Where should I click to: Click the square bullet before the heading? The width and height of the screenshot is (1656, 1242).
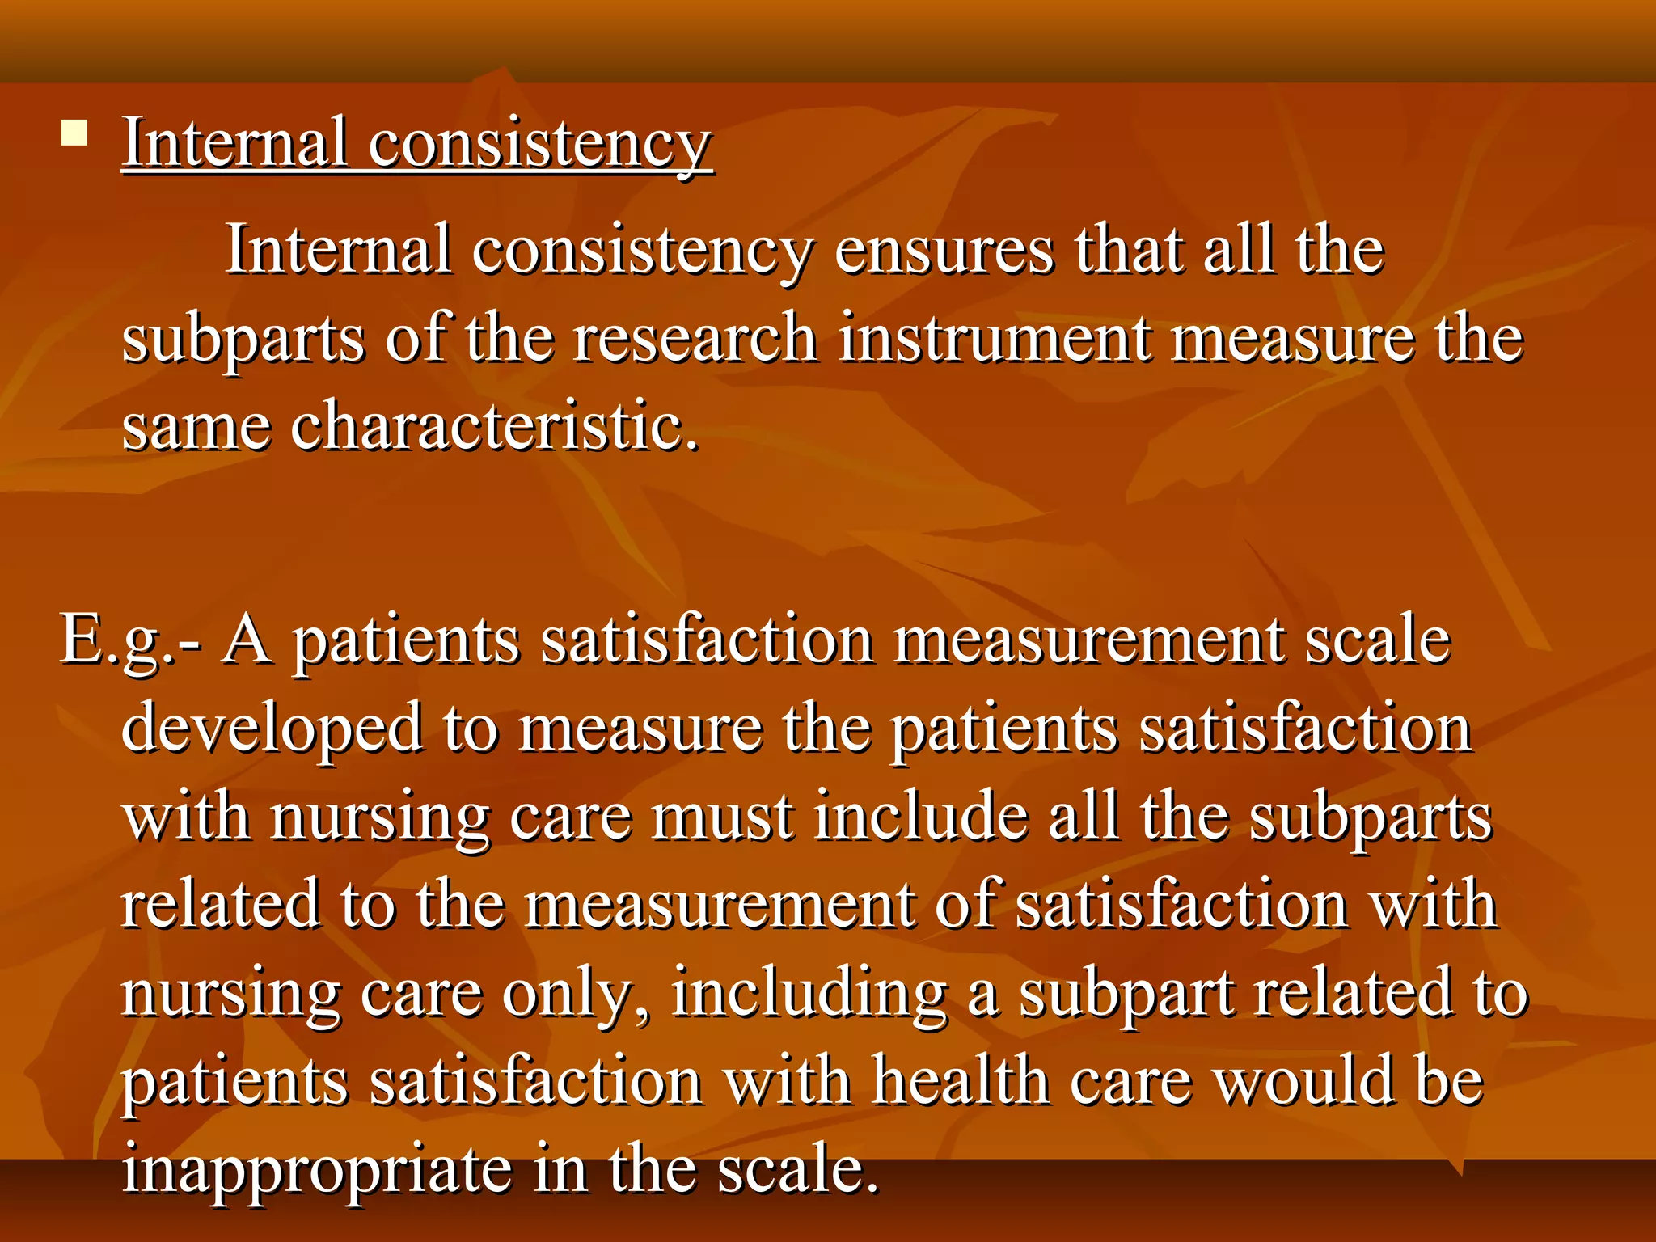(x=74, y=133)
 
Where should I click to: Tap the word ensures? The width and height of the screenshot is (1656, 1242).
(x=944, y=251)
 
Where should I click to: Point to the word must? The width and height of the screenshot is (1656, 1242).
(x=722, y=817)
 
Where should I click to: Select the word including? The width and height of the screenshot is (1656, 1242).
(x=809, y=995)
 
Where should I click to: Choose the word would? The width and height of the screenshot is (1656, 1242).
(x=1304, y=1082)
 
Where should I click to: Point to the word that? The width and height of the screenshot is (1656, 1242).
(x=1129, y=251)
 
